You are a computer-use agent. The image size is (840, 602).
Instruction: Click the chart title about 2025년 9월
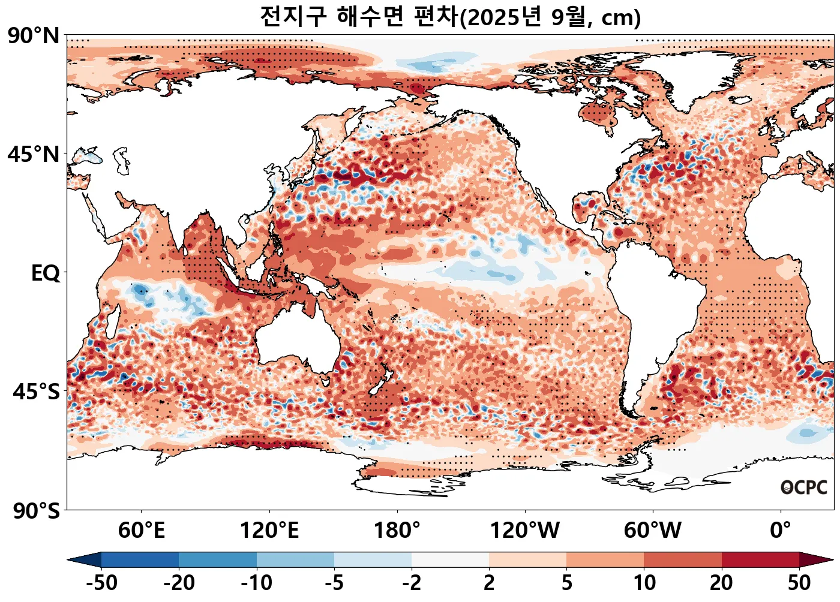pyautogui.click(x=450, y=17)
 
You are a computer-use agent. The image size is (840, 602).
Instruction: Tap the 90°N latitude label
pyautogui.click(x=34, y=36)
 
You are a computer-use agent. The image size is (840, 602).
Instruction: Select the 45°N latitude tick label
pyautogui.click(x=34, y=154)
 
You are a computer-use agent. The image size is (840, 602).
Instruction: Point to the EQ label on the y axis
pyautogui.click(x=46, y=273)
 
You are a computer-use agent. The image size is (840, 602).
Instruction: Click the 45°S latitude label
pyautogui.click(x=36, y=392)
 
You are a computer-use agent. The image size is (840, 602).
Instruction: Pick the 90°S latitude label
pyautogui.click(x=36, y=511)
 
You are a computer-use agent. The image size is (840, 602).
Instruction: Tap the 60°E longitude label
pyautogui.click(x=141, y=530)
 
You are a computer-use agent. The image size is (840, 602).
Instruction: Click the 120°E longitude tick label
pyautogui.click(x=269, y=530)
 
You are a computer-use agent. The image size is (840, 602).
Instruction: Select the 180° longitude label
pyautogui.click(x=397, y=530)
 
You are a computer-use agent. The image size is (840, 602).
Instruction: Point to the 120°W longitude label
pyautogui.click(x=525, y=530)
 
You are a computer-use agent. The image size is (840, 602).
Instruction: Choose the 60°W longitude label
pyautogui.click(x=653, y=530)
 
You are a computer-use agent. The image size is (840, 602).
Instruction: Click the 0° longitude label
pyautogui.click(x=781, y=530)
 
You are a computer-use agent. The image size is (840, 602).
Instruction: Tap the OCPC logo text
pyautogui.click(x=804, y=487)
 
